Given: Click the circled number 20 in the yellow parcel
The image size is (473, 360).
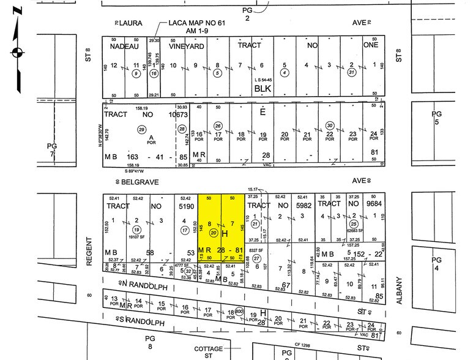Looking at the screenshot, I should (x=214, y=233).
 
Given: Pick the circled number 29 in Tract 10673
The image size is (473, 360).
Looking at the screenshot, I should (x=141, y=129).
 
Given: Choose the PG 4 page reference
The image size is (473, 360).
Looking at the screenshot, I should (x=436, y=263).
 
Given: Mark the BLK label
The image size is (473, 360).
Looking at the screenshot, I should (x=263, y=88).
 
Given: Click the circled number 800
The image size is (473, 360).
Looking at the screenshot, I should (x=239, y=310).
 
